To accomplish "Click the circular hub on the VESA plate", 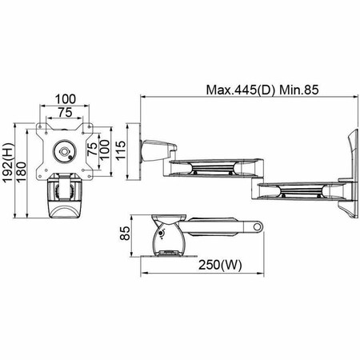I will (64, 150).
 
